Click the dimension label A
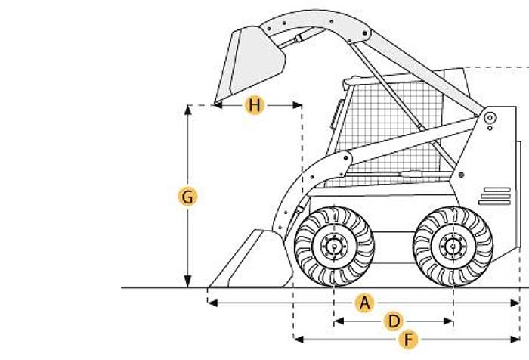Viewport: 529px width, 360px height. tap(365, 303)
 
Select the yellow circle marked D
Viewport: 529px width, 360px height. tap(393, 321)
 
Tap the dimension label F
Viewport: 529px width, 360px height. tap(408, 339)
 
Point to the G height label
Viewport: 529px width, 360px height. tap(187, 197)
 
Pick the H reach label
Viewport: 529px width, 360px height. tap(255, 106)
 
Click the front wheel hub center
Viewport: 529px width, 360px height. tap(333, 245)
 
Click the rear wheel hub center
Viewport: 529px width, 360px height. tap(453, 245)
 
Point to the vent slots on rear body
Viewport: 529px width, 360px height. tap(495, 196)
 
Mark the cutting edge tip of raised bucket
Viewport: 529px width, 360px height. tap(216, 102)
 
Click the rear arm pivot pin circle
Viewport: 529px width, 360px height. tap(490, 118)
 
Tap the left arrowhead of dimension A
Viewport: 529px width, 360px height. tap(209, 303)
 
